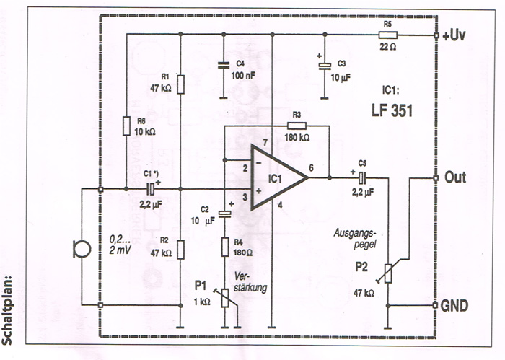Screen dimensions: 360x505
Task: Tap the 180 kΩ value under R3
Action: click(x=296, y=137)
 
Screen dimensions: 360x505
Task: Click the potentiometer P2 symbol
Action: click(x=389, y=273)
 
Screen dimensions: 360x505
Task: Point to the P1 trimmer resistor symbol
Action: click(x=225, y=297)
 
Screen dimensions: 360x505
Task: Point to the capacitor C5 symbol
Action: click(x=362, y=177)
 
